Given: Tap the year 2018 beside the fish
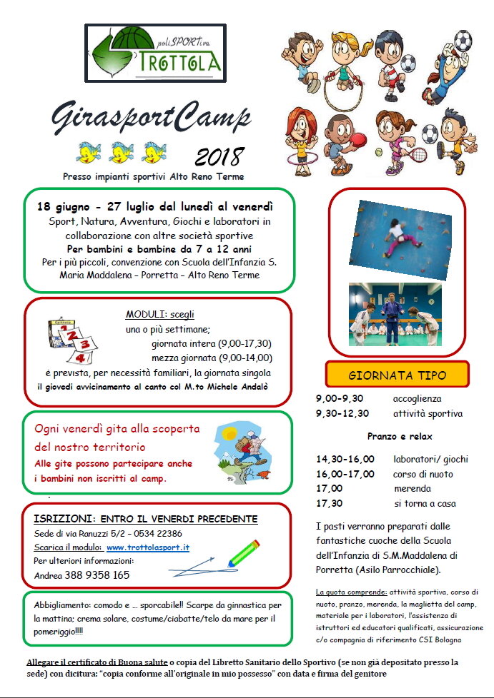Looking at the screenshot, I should (x=219, y=157).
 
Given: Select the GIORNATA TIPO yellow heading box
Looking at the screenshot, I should (x=397, y=375).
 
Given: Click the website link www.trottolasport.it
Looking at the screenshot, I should (x=148, y=547).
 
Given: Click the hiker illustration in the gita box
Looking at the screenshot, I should (x=242, y=452).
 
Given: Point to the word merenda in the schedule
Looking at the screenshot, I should (x=413, y=489).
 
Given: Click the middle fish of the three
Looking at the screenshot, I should (x=122, y=151).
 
